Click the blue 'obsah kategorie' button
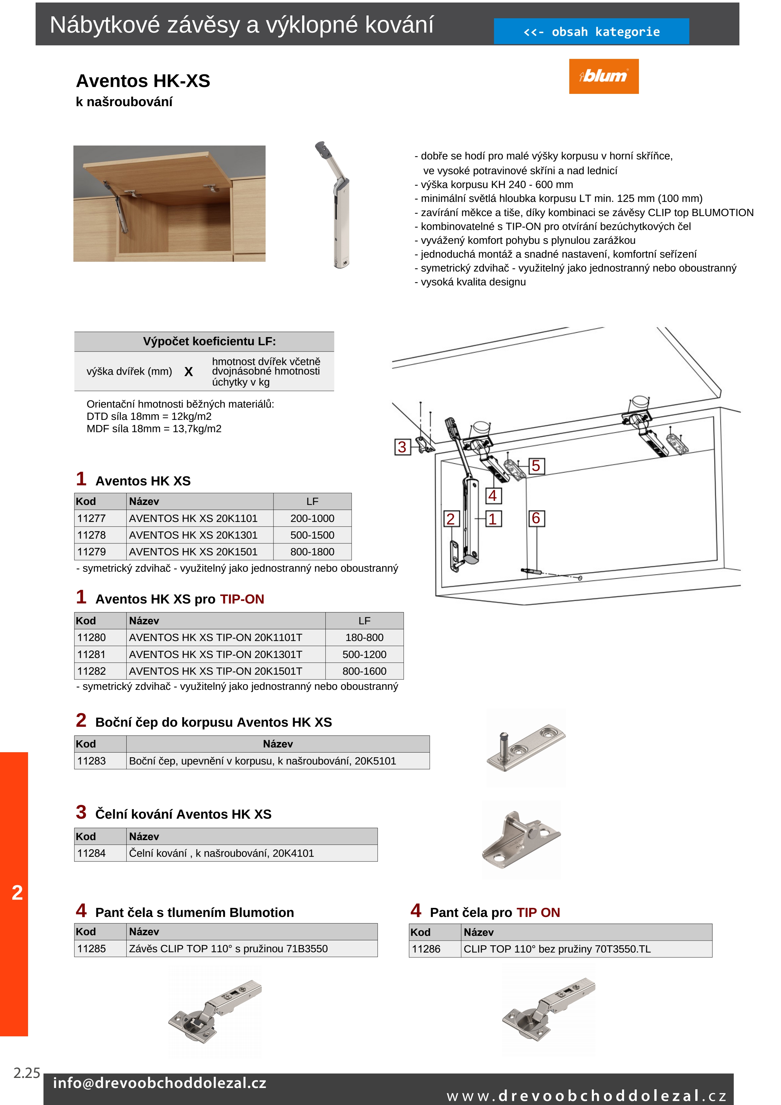tap(591, 32)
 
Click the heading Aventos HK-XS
tap(143, 81)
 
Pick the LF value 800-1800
tap(312, 552)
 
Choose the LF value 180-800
tap(364, 637)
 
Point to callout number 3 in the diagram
tap(402, 447)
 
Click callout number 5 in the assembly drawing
tap(536, 466)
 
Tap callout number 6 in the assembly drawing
tap(536, 518)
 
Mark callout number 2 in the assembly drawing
tap(451, 519)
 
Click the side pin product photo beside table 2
tap(526, 747)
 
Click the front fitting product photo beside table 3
tap(522, 840)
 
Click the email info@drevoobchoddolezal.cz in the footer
tap(159, 1083)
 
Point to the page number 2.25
tap(26, 1073)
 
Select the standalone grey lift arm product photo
tap(336, 204)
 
